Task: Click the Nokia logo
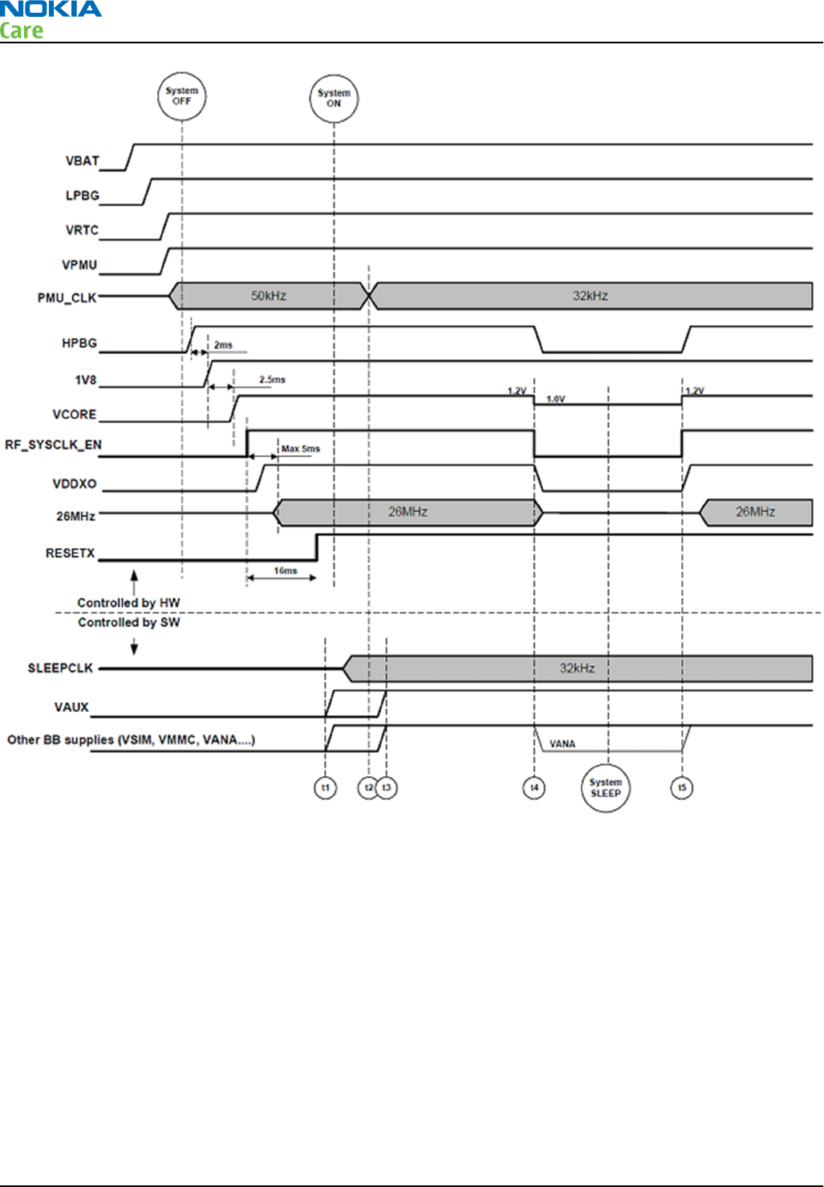point(51,10)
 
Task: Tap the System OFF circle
point(182,96)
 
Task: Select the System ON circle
point(334,99)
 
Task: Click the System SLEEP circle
point(606,788)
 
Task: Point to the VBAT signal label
point(83,161)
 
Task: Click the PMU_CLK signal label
point(67,299)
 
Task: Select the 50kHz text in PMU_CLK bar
point(268,296)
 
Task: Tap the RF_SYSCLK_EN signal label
point(53,445)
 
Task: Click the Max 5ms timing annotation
point(301,449)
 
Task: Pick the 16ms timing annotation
point(286,571)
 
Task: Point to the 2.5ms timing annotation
point(272,380)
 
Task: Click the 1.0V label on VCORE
point(555,399)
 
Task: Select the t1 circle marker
point(325,788)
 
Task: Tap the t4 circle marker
point(534,788)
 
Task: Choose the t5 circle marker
point(682,788)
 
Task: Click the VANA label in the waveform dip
point(562,744)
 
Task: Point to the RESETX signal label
point(71,554)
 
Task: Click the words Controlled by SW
point(128,623)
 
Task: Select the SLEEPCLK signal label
point(60,669)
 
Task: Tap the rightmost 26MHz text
point(755,512)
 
